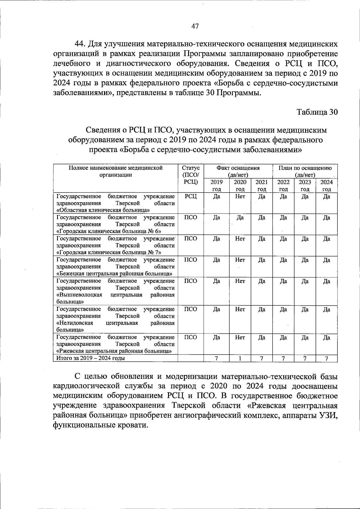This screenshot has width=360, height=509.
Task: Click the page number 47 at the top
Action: (x=195, y=26)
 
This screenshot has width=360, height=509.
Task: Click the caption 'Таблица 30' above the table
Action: (x=317, y=112)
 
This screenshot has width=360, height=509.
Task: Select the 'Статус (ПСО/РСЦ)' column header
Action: (x=190, y=175)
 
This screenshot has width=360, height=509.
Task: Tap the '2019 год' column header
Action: (x=217, y=185)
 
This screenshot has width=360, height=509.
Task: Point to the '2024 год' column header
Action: (x=327, y=185)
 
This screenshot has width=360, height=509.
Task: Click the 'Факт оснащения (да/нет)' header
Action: (x=238, y=171)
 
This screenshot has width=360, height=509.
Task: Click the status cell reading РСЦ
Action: (x=190, y=197)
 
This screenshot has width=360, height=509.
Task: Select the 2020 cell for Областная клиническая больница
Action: (x=240, y=197)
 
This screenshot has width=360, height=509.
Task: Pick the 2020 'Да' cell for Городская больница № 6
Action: (x=240, y=218)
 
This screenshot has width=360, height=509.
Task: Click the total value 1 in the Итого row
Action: (x=240, y=358)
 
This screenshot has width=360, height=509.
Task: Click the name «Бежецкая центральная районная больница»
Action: (x=114, y=274)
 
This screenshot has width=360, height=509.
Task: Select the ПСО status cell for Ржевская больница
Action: (x=190, y=337)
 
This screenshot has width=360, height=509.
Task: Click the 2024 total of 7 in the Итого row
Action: (x=327, y=358)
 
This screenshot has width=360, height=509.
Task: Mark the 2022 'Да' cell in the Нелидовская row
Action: (x=283, y=310)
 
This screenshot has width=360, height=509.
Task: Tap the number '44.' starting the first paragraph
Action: (x=80, y=44)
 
